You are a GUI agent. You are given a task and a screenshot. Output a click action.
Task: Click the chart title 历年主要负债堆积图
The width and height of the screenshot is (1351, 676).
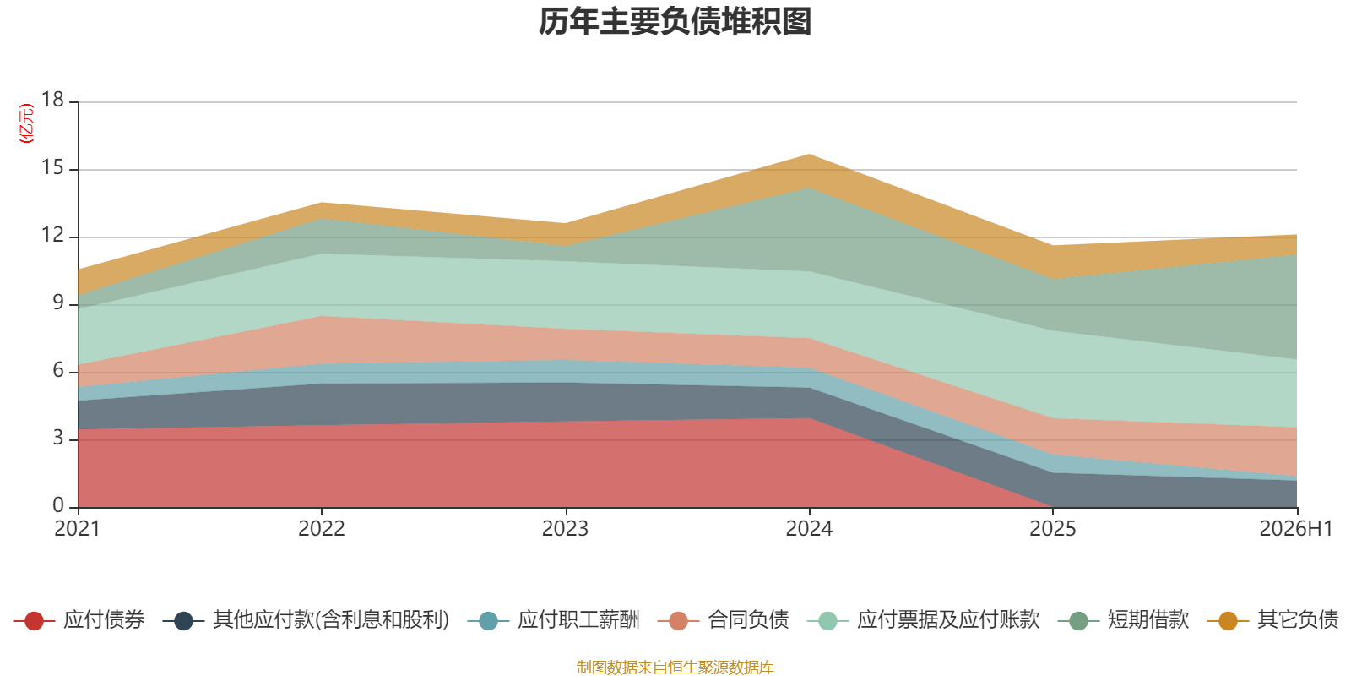tap(675, 22)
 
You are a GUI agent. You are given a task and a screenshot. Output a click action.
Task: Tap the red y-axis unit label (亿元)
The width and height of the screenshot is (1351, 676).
tap(26, 123)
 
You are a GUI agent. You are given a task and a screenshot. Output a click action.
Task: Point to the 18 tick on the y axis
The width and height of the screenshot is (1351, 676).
tap(52, 100)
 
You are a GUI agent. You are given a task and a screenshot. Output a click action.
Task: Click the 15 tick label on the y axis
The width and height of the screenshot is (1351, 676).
tap(52, 167)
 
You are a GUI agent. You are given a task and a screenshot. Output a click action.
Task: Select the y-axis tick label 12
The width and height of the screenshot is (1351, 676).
tap(52, 235)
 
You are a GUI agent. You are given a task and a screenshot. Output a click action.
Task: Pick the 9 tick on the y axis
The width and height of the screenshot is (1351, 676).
tap(58, 303)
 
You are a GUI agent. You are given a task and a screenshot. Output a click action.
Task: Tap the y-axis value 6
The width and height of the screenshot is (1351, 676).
tap(58, 370)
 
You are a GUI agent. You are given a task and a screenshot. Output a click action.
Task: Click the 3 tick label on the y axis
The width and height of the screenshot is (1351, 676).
tap(58, 438)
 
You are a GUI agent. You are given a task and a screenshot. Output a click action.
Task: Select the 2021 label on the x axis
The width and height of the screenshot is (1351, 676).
tap(77, 529)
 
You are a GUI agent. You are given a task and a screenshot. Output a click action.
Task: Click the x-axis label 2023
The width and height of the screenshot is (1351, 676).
tap(565, 529)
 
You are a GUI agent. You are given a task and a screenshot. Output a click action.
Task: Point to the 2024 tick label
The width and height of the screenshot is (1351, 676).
tap(809, 529)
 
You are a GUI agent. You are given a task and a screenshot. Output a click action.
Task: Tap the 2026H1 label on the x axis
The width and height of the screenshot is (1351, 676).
tap(1295, 529)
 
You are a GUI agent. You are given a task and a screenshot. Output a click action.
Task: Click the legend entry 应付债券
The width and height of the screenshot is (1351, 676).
tap(79, 620)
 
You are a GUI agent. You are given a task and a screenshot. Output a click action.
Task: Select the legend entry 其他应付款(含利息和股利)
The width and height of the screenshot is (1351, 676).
tap(307, 620)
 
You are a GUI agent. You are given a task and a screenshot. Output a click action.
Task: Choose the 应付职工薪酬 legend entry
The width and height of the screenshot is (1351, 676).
tap(554, 620)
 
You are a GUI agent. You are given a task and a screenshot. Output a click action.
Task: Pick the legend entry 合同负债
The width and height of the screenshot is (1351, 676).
tap(723, 620)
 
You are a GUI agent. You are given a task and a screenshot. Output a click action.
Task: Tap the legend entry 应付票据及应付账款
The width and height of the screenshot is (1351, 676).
tap(924, 620)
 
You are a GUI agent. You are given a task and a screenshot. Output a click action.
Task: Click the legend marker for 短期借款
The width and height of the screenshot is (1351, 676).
tap(1078, 620)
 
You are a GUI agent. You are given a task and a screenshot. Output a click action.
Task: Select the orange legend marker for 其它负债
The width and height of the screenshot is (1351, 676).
tap(1228, 620)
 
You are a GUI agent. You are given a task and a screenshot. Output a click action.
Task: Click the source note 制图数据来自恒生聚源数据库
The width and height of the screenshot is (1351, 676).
tap(675, 667)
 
